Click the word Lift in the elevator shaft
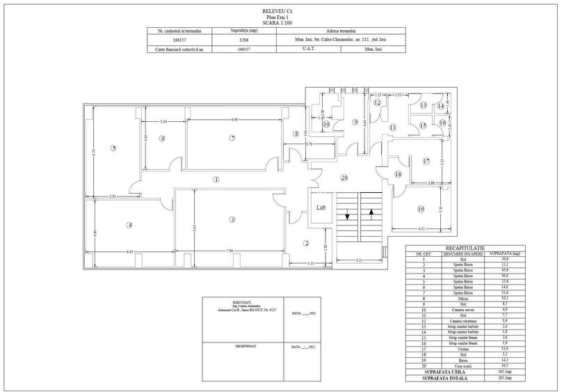click(x=321, y=207)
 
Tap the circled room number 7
click(x=233, y=138)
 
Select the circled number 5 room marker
click(x=113, y=148)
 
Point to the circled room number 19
click(x=421, y=209)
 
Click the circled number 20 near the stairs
click(x=344, y=178)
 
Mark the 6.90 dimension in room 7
click(x=234, y=120)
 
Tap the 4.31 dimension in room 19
click(x=421, y=229)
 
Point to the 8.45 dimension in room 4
click(x=129, y=251)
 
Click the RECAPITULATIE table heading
click(x=465, y=247)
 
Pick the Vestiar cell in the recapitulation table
click(x=453, y=348)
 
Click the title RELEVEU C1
click(x=281, y=12)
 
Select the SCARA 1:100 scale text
click(x=281, y=23)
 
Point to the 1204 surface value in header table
click(x=244, y=40)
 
